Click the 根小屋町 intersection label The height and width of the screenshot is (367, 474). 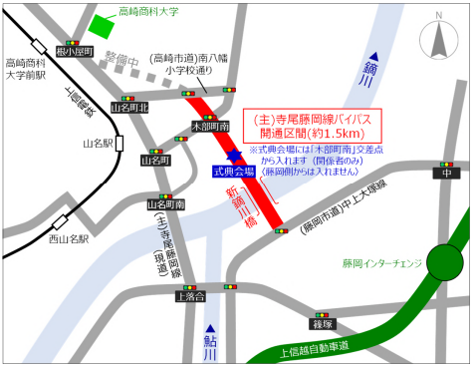point(75,51)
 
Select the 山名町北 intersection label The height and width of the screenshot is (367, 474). point(129,107)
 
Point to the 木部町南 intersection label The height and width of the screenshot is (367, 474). point(210,127)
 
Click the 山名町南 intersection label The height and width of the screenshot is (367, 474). point(165,204)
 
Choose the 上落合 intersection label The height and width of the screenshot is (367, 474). point(189,295)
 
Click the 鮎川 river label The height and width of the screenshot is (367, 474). point(210,342)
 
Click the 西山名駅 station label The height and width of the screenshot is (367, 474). point(69,239)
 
